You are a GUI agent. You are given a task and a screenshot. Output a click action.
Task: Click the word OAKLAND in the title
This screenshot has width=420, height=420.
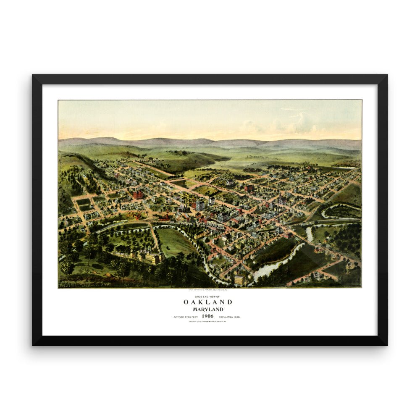click(x=207, y=302)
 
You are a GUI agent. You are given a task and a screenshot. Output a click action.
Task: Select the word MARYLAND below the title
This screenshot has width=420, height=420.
click(x=207, y=310)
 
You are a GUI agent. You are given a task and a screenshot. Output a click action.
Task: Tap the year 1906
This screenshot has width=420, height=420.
click(x=207, y=316)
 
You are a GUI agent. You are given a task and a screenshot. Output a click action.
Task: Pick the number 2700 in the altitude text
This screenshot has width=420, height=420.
click(x=189, y=317)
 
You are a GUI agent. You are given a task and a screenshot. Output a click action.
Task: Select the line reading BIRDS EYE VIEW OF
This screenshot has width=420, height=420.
click(x=207, y=296)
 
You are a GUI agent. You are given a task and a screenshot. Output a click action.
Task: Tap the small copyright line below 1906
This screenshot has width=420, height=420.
click(x=207, y=322)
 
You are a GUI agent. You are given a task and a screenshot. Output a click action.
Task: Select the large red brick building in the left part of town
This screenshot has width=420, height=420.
click(x=137, y=194)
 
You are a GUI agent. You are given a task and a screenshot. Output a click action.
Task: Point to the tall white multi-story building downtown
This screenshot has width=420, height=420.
click(x=200, y=205)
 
